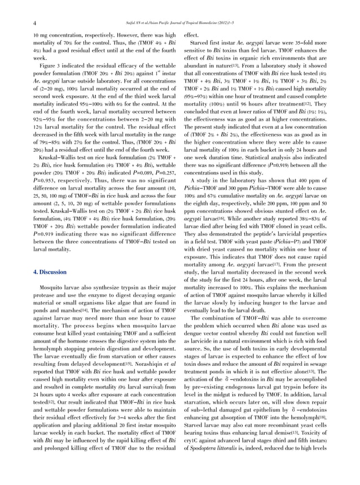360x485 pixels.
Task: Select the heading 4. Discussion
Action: (x=50, y=272)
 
